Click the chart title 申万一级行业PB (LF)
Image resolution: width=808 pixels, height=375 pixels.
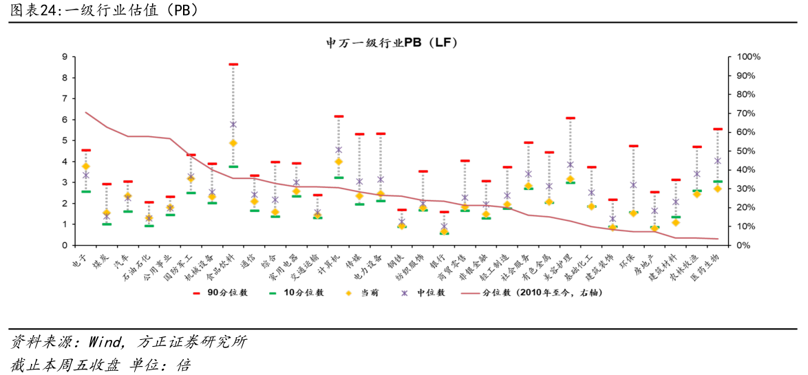(392, 43)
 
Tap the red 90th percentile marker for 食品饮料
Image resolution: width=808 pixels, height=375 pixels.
(233, 64)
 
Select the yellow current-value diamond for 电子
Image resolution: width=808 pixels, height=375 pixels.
(86, 167)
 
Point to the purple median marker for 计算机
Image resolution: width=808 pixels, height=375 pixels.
(339, 150)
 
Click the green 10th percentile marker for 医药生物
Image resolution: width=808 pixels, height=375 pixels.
(717, 182)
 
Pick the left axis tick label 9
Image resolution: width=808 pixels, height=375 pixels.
(64, 57)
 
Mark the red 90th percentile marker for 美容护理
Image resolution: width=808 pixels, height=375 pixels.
(570, 118)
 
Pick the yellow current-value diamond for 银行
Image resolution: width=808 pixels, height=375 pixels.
(444, 232)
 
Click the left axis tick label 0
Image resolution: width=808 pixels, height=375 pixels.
(64, 246)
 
